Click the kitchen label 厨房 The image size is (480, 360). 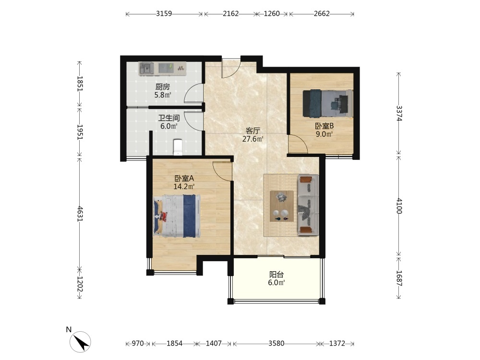[x=163, y=87]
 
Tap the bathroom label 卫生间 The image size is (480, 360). [x=168, y=118]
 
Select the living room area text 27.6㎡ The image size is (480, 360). [x=253, y=139]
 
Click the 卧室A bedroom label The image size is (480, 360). [x=184, y=178]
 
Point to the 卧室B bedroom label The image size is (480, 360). [x=324, y=126]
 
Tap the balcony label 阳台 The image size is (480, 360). [x=276, y=275]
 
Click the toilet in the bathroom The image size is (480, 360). [x=178, y=147]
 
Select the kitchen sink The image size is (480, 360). [x=146, y=68]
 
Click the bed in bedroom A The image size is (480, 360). [x=177, y=216]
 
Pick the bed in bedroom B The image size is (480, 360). [x=327, y=104]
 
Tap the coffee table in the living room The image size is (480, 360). [x=282, y=206]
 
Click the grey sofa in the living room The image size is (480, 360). [x=308, y=205]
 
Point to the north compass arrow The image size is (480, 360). [x=81, y=342]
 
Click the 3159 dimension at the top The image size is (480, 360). [x=164, y=14]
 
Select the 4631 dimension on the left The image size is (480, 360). [x=80, y=214]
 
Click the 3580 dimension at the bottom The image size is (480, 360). [x=276, y=344]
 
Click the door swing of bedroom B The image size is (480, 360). [x=298, y=144]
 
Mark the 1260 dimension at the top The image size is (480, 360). [x=272, y=14]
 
